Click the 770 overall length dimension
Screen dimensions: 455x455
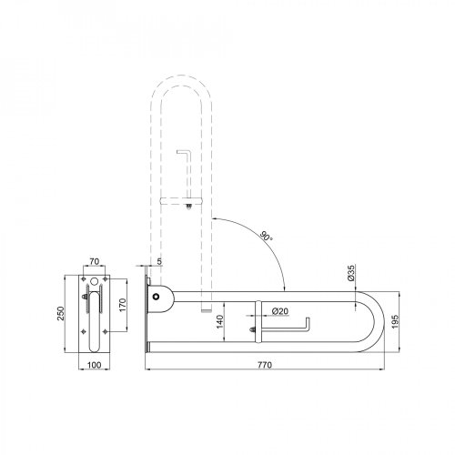(265, 365)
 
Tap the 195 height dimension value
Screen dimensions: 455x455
(395, 321)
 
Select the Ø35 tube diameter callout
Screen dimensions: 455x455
(350, 273)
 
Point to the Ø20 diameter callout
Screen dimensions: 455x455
(280, 311)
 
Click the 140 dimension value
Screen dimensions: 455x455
(220, 321)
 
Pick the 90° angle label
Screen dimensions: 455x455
(266, 236)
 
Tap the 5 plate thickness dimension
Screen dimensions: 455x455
(159, 261)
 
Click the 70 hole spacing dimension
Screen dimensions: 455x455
(95, 261)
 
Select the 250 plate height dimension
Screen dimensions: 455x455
(61, 313)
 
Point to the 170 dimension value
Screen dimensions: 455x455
(122, 305)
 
